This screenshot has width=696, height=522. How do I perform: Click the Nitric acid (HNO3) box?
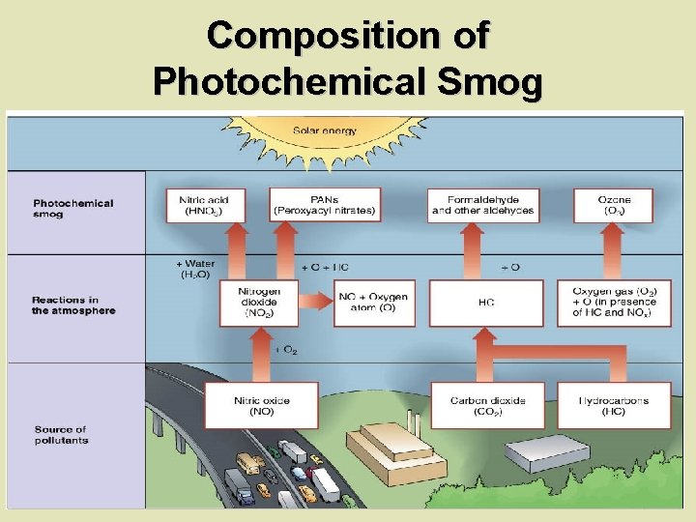tap(205, 205)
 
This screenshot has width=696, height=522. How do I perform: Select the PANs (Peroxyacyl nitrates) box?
tap(325, 205)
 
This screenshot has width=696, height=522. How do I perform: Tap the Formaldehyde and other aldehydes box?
tap(482, 205)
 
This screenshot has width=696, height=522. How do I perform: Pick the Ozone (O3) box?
tap(613, 205)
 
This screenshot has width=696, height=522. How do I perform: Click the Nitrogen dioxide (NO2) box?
tap(260, 302)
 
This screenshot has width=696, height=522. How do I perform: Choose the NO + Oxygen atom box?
tap(374, 302)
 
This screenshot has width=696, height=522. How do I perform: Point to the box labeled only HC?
tap(485, 303)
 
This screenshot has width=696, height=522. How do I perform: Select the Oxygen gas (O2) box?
tap(613, 302)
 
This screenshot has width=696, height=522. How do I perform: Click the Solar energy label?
tap(324, 130)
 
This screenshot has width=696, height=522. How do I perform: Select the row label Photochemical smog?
tap(73, 208)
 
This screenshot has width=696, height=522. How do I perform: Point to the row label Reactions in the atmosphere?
tap(73, 305)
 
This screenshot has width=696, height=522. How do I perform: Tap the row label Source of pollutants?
tap(61, 435)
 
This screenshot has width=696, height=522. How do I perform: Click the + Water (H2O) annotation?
tap(195, 269)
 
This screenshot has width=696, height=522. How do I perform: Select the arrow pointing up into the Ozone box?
tap(613, 253)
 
